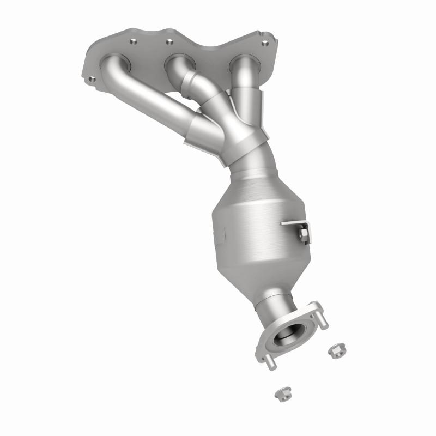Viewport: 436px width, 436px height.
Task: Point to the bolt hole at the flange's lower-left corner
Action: pos(92,79)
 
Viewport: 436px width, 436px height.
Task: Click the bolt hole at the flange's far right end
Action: pos(265,43)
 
